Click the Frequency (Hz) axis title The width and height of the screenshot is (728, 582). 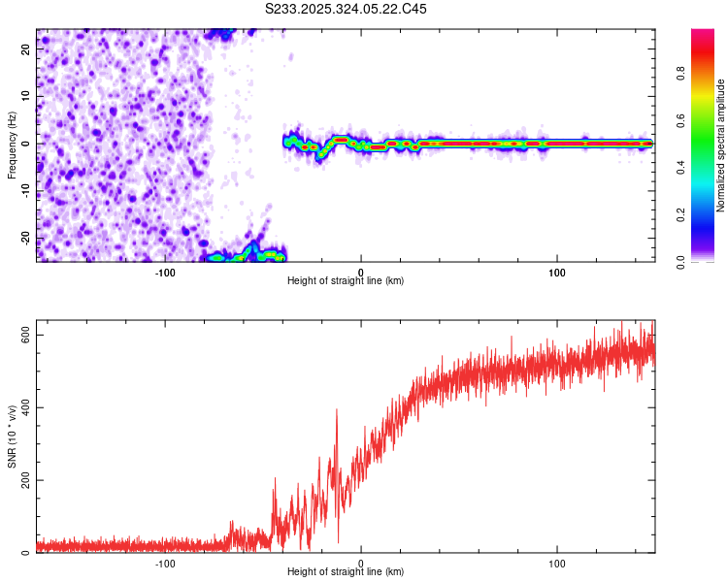[x=12, y=145]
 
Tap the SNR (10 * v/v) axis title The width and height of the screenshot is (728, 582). [x=12, y=436]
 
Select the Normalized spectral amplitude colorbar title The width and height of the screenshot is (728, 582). [x=721, y=145]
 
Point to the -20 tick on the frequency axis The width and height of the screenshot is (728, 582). [x=22, y=239]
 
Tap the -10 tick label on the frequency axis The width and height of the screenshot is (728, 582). [x=22, y=191]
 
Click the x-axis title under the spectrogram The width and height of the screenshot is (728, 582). [x=346, y=280]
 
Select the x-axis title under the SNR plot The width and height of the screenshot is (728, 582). [x=346, y=571]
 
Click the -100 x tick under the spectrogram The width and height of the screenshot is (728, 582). [x=164, y=271]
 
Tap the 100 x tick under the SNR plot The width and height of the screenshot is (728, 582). [x=557, y=562]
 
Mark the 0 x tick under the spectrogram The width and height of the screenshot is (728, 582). [x=361, y=271]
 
